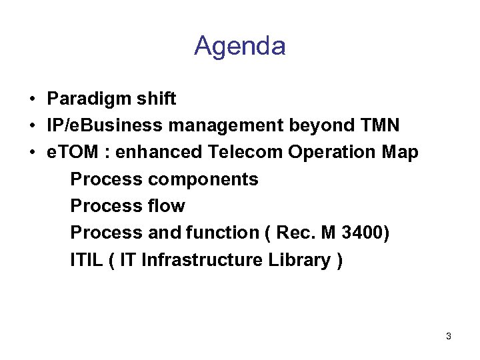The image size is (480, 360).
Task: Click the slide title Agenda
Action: (240, 46)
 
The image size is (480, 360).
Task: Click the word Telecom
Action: (246, 152)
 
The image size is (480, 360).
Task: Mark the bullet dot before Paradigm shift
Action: (32, 100)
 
